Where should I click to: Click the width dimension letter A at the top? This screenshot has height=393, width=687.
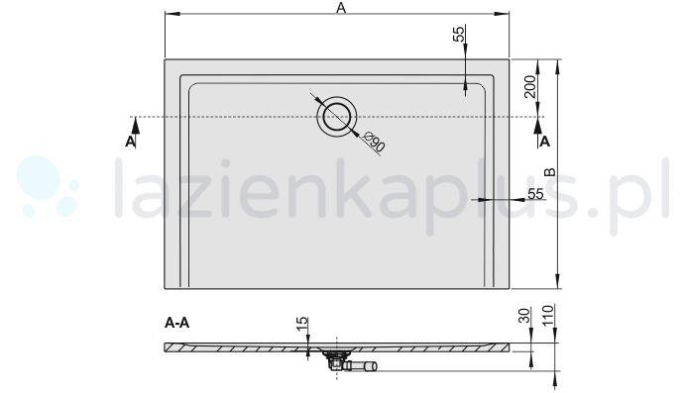pos(340,8)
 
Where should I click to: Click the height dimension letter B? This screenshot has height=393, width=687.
pos(548,171)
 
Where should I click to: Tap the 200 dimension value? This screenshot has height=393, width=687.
pos(530,90)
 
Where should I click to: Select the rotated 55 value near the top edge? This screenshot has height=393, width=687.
pos(458,34)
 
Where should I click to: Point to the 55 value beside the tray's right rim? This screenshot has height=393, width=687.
pos(535,194)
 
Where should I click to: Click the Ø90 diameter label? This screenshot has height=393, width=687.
pos(374,142)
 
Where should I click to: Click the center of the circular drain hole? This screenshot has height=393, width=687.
pos(336,117)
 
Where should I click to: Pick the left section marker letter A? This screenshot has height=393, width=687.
pos(131,142)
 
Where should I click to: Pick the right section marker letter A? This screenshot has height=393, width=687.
pos(541,142)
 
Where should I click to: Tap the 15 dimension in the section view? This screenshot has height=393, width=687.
pos(301,323)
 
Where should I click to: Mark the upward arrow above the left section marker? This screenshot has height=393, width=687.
pos(131,123)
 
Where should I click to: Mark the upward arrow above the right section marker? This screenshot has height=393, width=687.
pos(541,123)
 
